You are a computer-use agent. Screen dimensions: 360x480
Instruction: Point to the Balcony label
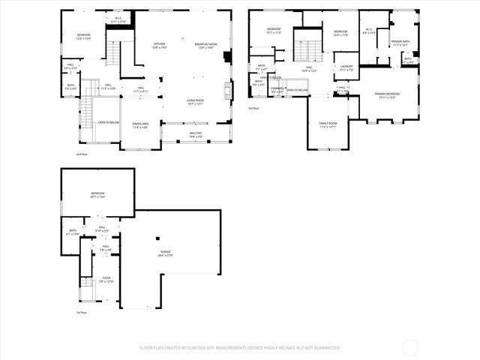point(196,136)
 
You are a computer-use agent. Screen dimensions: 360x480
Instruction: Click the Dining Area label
point(140,126)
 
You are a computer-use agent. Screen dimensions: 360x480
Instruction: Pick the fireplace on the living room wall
point(229,91)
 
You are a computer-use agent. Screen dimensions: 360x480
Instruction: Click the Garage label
point(164,253)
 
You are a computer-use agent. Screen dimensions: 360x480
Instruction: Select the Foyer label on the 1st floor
point(106,280)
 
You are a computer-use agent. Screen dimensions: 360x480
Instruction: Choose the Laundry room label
point(346,67)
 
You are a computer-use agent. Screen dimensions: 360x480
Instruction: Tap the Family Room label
point(328,124)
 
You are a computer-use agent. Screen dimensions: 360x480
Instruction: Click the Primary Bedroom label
point(387,94)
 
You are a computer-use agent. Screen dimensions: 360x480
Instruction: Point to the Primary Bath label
point(400,43)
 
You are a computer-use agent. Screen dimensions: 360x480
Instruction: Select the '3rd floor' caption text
point(253,108)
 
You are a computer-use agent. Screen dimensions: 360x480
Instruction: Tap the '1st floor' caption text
point(81,312)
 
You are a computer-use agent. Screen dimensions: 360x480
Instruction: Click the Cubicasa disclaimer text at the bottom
point(240,347)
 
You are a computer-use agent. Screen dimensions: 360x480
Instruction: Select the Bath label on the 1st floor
point(73,232)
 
